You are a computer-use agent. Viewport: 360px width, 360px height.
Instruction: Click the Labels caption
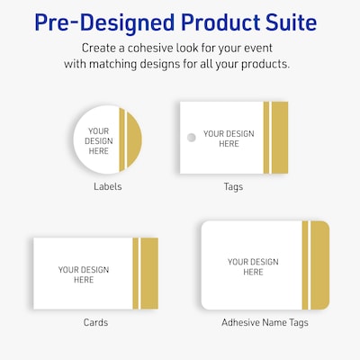107,187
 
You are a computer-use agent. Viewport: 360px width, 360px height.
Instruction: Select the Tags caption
233,187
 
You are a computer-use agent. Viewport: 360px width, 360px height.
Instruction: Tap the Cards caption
95,322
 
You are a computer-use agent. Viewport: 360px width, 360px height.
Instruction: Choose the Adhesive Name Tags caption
265,322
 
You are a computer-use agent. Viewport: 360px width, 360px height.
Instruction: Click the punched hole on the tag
190,138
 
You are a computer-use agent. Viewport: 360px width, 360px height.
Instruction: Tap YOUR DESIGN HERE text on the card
84,274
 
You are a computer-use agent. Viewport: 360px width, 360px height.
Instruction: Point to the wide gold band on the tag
280,138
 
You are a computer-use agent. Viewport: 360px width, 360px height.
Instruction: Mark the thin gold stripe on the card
136,273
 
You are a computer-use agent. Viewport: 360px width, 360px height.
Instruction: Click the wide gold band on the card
149,273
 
